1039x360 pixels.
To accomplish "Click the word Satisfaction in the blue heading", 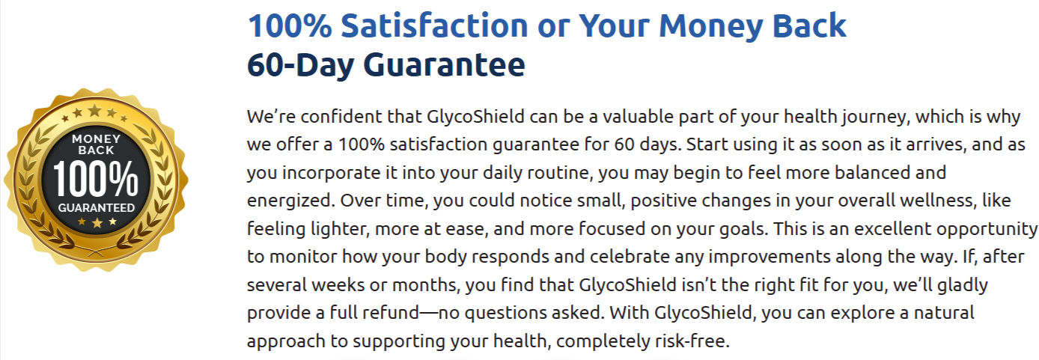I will tap(434, 27).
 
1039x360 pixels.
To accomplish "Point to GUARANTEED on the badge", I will tap(96, 207).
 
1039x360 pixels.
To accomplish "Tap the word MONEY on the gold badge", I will tap(95, 139).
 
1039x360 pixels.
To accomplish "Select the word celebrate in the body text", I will tap(588, 256).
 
